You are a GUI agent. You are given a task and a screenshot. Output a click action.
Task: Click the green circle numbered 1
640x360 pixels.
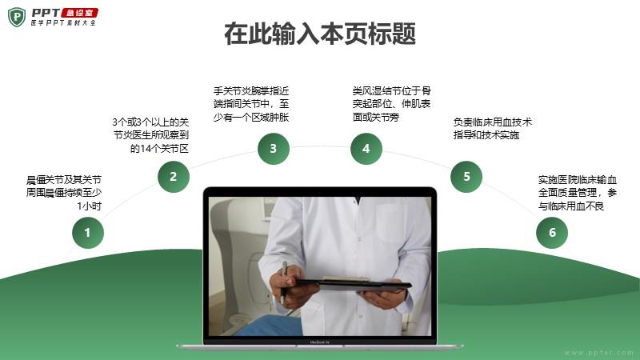click(x=88, y=233)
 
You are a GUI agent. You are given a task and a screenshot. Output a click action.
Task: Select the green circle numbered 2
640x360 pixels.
click(x=174, y=177)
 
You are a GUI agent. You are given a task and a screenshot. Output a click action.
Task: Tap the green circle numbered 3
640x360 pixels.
click(x=274, y=149)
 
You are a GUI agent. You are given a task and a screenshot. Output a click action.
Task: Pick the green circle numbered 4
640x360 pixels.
click(x=366, y=149)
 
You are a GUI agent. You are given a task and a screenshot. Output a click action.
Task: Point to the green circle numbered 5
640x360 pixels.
click(x=466, y=177)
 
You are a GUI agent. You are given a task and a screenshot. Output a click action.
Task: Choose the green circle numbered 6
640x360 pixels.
click(x=552, y=233)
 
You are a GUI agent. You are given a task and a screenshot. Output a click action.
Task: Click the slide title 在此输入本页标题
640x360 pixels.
click(x=320, y=34)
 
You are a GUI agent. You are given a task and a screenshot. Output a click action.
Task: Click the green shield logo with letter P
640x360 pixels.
click(x=17, y=17)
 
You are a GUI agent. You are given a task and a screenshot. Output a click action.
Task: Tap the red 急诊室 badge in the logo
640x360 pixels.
click(x=80, y=13)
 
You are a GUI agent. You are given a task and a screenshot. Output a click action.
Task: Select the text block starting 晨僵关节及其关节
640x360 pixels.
click(x=64, y=193)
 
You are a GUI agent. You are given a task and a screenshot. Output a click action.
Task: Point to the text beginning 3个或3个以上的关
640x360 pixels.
click(x=150, y=135)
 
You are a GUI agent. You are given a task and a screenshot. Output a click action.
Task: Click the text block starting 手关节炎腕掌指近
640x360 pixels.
click(x=251, y=104)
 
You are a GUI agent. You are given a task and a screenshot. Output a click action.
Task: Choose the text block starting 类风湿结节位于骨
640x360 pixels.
click(x=392, y=104)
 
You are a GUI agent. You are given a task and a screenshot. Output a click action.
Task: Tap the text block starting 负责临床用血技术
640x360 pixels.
click(x=493, y=129)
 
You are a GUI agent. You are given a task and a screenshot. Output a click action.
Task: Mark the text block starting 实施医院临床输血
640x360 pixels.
click(x=578, y=193)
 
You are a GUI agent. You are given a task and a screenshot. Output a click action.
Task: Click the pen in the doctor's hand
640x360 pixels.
click(x=283, y=282)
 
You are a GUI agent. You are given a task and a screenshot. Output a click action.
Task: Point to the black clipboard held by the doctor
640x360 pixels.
click(x=354, y=284)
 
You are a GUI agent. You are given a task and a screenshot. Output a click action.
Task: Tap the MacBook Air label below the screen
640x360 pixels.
click(x=319, y=342)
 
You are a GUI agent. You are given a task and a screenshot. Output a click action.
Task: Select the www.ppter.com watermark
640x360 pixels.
click(x=598, y=353)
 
